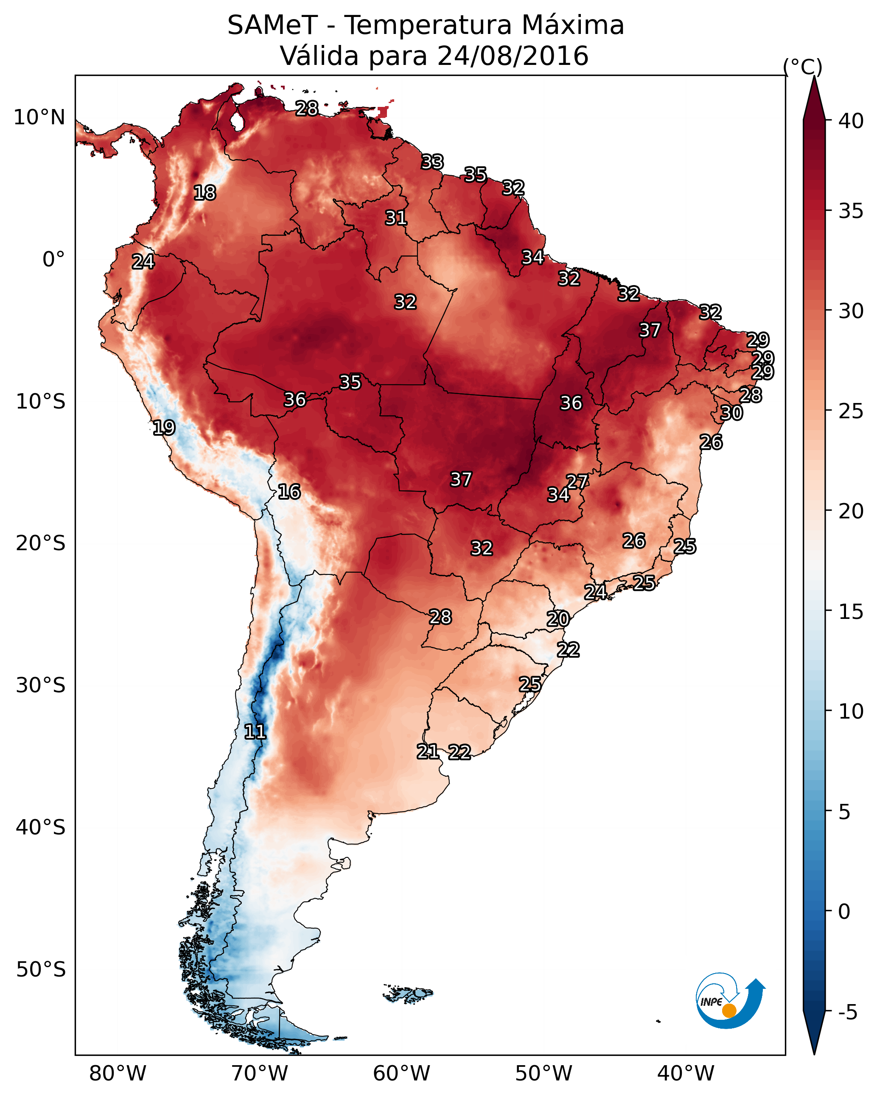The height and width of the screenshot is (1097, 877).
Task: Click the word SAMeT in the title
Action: [273, 25]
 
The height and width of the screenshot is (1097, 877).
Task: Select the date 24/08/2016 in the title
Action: [513, 56]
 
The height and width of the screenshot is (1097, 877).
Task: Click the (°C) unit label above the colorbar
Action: [803, 67]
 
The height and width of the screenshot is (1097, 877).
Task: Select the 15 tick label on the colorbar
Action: [851, 612]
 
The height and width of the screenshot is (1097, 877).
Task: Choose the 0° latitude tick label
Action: [54, 260]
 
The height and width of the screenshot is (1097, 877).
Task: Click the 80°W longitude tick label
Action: [118, 1074]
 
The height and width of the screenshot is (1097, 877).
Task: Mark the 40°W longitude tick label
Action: [686, 1074]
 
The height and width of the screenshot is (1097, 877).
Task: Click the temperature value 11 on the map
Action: [255, 732]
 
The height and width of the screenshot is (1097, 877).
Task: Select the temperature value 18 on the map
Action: [205, 193]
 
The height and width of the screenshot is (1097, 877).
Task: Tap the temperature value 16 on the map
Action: [289, 492]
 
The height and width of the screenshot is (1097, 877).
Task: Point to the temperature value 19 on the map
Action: [164, 428]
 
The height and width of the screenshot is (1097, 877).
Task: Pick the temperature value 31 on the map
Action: [396, 218]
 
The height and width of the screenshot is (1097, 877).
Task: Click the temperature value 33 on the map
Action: [433, 162]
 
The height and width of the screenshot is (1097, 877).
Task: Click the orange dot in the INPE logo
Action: [729, 1010]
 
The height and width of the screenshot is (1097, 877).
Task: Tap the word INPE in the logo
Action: [711, 1002]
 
